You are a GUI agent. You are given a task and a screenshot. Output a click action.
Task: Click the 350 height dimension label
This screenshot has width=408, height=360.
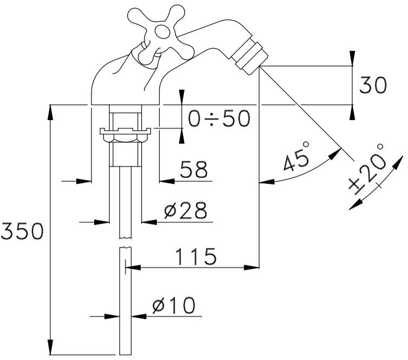point(22,232)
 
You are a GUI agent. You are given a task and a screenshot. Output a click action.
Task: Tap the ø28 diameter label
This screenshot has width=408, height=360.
point(186,211)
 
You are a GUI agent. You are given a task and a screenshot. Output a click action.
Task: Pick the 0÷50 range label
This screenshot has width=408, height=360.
point(219,118)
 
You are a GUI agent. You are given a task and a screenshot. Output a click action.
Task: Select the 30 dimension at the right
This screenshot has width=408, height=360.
point(373,85)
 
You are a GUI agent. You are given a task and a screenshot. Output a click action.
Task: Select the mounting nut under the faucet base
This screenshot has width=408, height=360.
point(124,132)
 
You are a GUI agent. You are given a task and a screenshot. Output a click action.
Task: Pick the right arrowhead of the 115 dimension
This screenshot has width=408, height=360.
point(254,267)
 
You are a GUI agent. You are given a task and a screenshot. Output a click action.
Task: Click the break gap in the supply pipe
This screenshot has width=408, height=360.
point(126,243)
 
